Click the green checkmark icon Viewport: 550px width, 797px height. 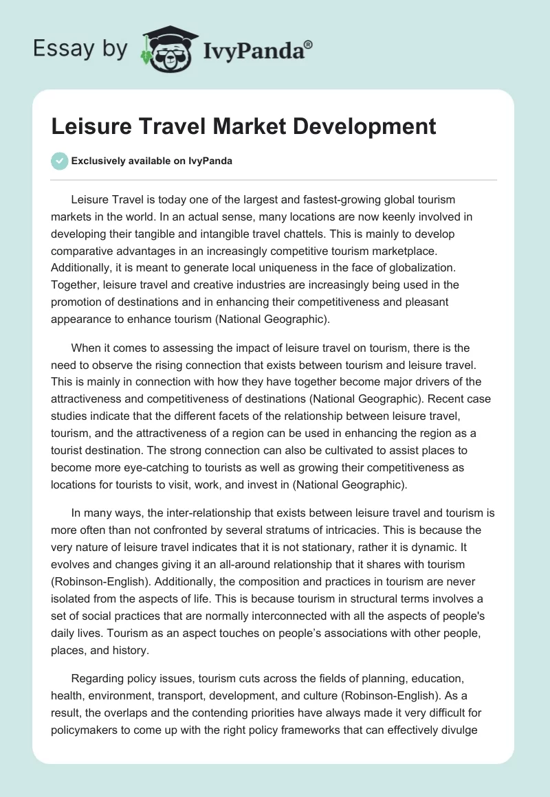[59, 161]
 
